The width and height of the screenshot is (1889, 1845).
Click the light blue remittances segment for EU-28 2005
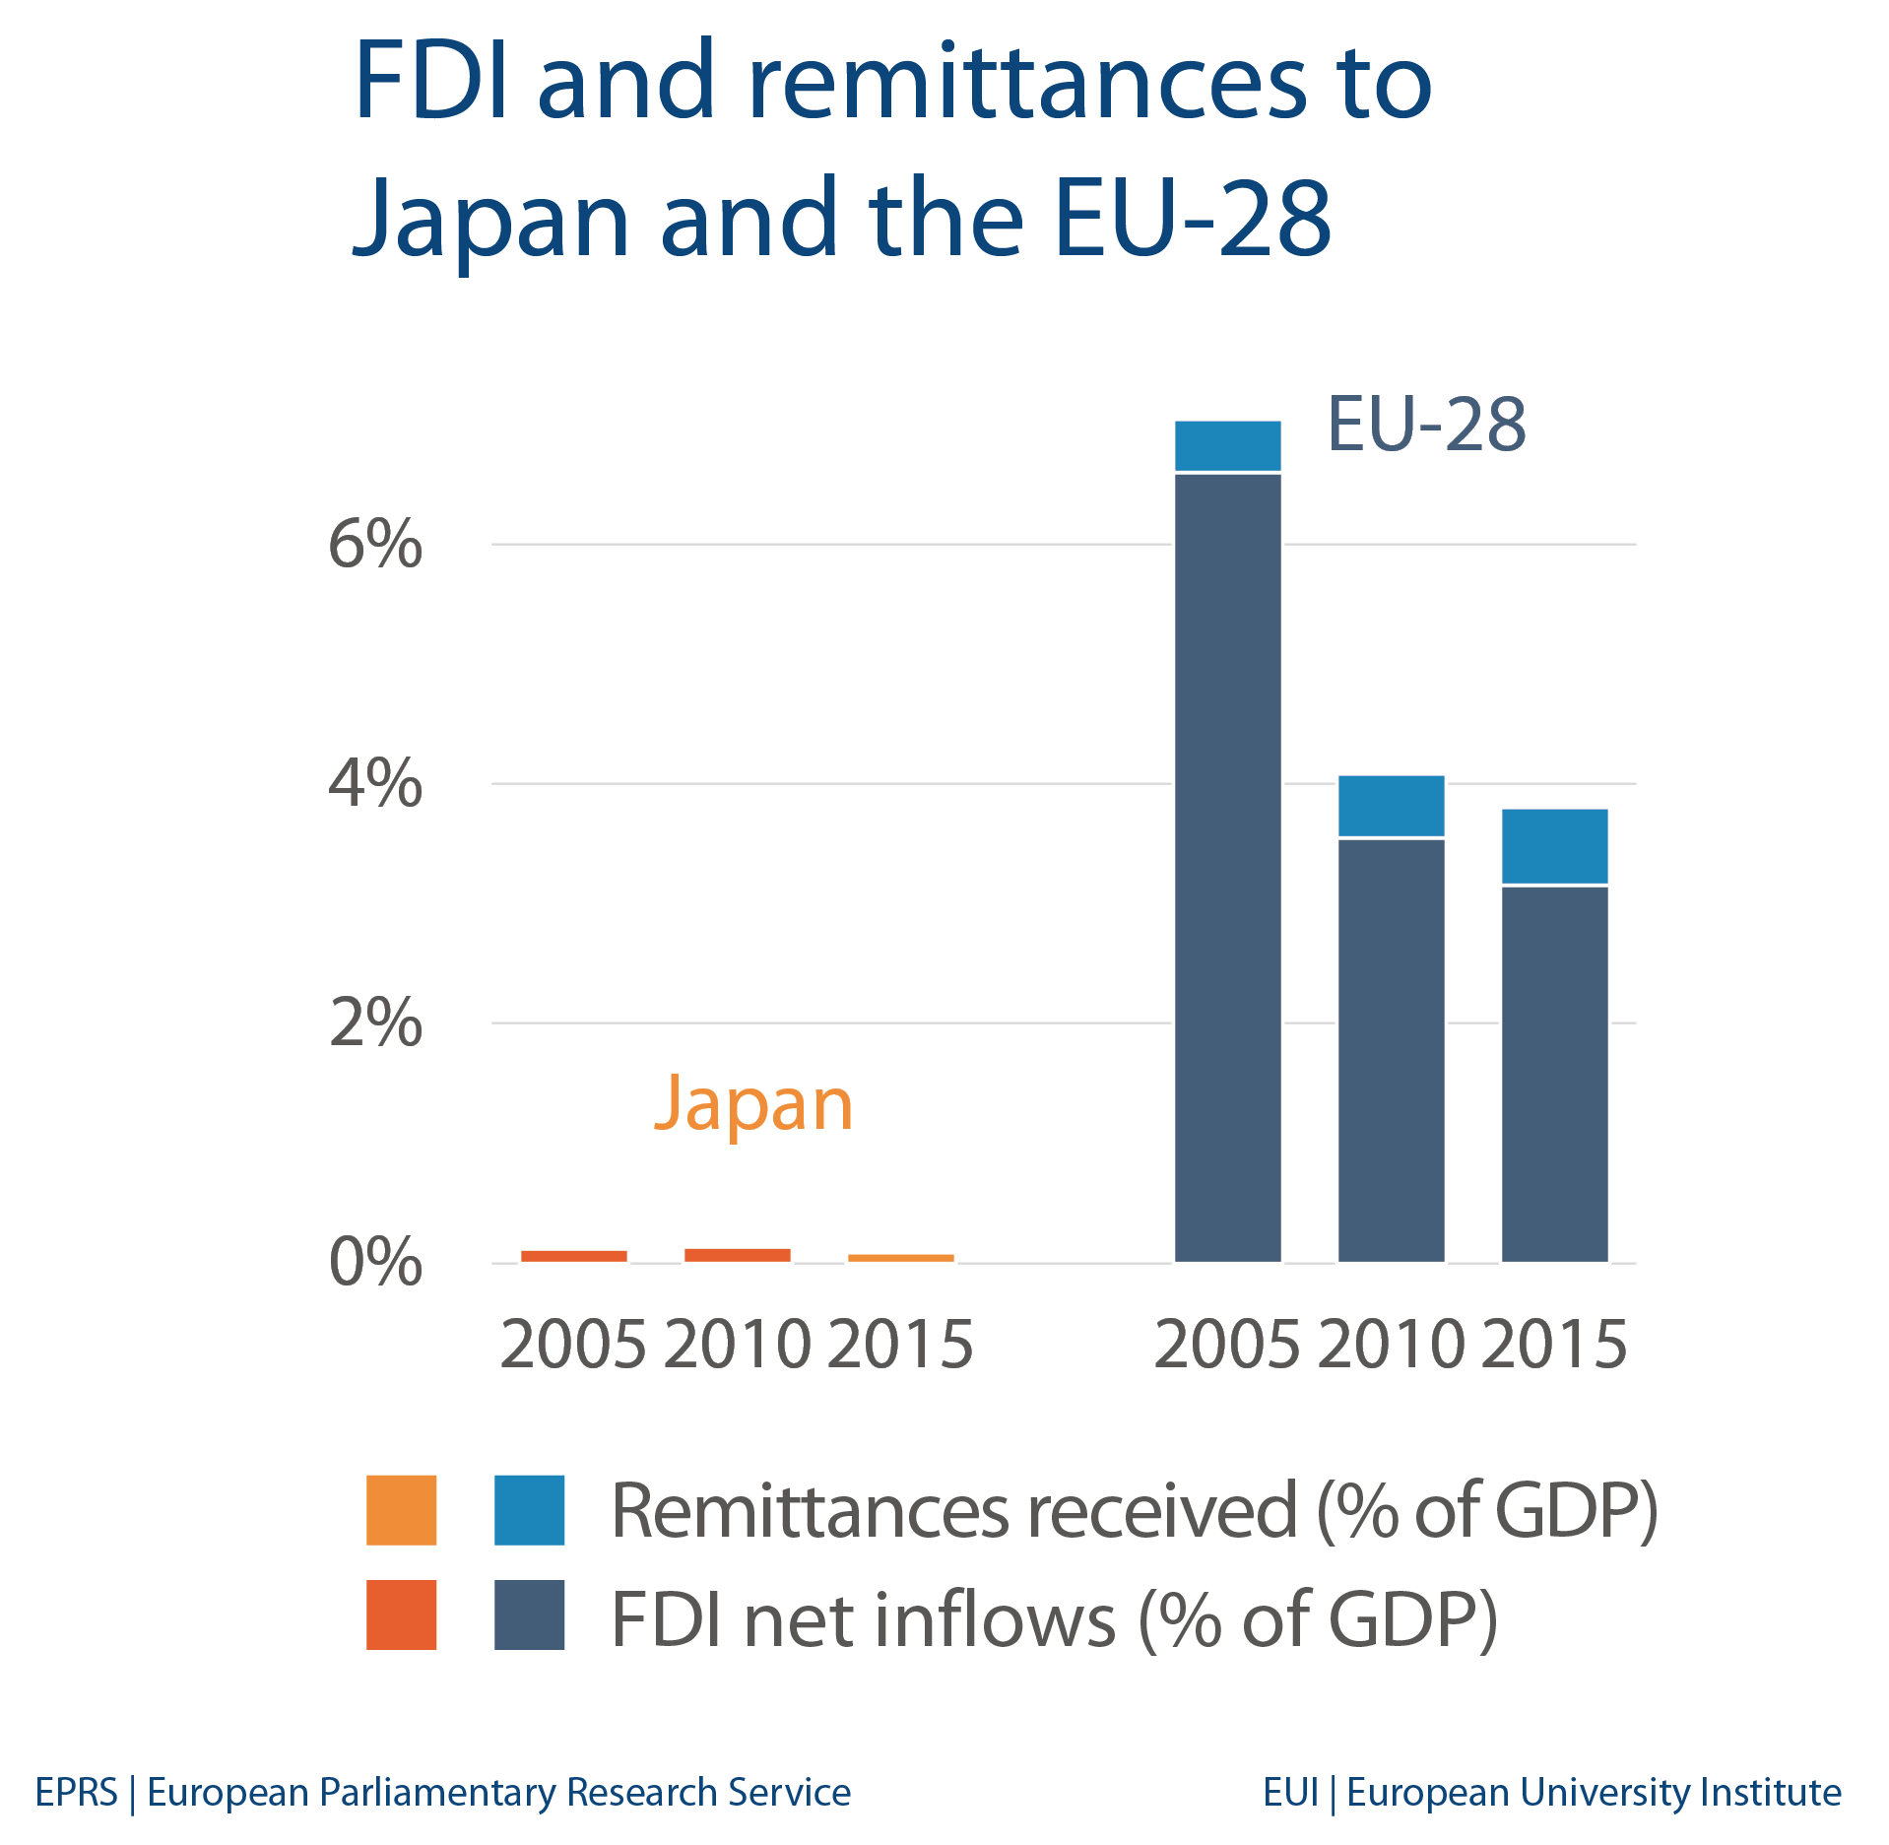[1227, 446]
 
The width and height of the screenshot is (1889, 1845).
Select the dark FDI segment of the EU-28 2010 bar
[1391, 1050]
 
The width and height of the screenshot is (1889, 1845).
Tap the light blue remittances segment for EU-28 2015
[1554, 846]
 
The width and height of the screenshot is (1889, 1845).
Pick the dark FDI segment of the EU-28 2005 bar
[1227, 867]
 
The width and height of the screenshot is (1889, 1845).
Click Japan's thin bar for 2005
[573, 1256]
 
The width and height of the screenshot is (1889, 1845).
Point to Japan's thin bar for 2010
[737, 1255]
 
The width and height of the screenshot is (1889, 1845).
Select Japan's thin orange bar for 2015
[900, 1258]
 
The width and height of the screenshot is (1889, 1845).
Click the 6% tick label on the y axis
[374, 544]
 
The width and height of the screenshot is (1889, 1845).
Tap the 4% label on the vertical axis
[374, 784]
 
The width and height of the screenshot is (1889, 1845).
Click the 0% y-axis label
[374, 1262]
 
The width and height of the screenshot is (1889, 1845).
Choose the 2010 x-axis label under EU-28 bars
[1391, 1345]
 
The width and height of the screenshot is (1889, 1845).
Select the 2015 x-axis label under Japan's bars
[900, 1345]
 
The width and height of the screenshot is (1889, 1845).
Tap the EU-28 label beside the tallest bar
[1426, 425]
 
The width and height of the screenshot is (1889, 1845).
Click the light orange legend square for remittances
[401, 1510]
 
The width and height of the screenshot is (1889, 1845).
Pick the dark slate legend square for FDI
[529, 1615]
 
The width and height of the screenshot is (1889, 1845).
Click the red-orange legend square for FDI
[401, 1615]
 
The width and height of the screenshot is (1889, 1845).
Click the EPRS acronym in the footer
[76, 1792]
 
